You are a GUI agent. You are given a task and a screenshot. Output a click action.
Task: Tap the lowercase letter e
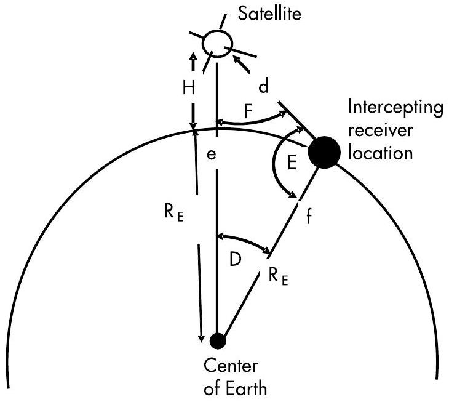(x=211, y=155)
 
